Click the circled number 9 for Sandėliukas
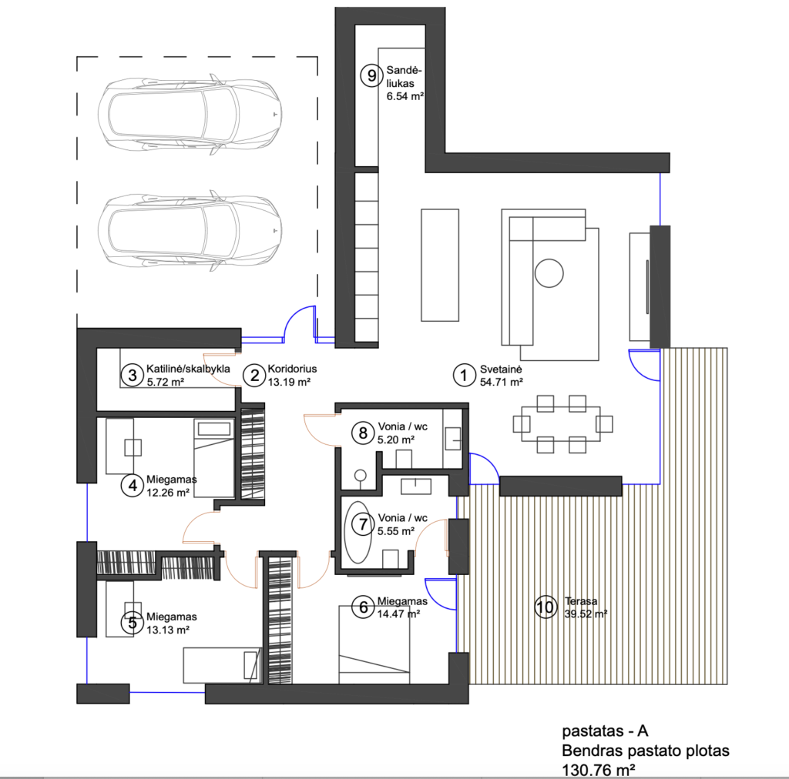pos(371,76)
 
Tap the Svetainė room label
pos(501,369)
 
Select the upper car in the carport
pos(190,114)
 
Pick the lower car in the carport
pos(190,230)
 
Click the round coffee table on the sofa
pos(549,273)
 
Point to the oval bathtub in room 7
pos(359,532)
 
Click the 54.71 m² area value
pos(501,383)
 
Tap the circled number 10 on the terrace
pos(546,607)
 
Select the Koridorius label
pos(292,369)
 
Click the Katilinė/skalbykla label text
pos(188,369)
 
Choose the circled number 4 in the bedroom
pos(133,486)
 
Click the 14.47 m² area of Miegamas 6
pos(398,614)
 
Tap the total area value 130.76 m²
pos(598,770)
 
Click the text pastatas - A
pos(605,731)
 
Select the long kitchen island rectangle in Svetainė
pos(440,265)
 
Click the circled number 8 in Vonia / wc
pos(363,433)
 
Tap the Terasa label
pos(581,600)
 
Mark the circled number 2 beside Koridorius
pos(254,376)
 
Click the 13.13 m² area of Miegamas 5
pos(167,630)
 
